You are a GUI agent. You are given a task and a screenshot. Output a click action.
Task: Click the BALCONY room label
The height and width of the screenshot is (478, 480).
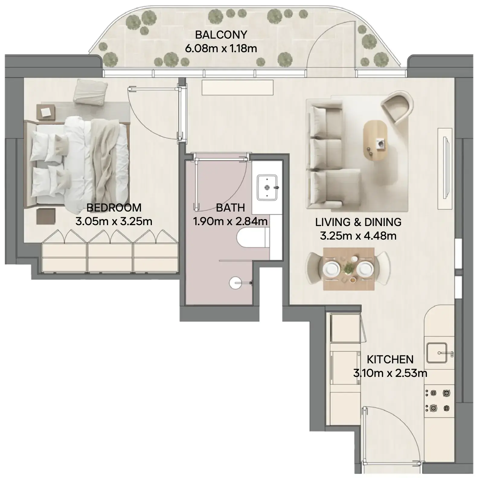point(221,35)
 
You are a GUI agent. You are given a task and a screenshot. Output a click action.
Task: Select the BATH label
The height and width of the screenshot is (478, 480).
point(230,208)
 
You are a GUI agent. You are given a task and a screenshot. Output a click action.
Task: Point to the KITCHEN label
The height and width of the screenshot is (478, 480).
point(390,359)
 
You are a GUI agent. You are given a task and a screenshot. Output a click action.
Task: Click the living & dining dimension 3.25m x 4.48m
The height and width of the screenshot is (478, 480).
point(358,235)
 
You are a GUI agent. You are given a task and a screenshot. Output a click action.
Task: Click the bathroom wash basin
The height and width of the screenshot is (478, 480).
point(267,187)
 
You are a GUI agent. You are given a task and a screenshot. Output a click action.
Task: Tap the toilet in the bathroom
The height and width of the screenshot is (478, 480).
point(253,237)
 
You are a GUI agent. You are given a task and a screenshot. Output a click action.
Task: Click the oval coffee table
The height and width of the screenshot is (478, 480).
point(375,141)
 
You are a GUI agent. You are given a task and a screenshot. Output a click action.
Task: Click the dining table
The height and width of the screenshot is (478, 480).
point(349,269)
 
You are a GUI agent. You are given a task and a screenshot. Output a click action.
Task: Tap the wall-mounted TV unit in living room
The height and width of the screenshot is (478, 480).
point(446,168)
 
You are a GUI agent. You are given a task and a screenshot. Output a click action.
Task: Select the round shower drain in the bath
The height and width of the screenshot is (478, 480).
point(235,283)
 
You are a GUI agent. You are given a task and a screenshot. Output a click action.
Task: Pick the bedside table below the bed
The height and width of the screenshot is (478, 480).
point(46,216)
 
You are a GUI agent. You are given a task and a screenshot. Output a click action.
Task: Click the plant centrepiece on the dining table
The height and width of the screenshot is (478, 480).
point(349,268)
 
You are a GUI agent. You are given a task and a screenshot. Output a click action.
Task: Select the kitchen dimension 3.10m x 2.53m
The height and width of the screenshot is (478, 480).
point(390,373)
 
